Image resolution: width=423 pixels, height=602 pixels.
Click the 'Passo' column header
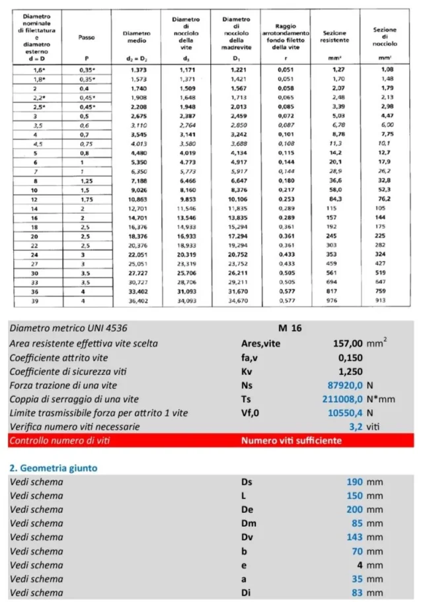click(x=87, y=38)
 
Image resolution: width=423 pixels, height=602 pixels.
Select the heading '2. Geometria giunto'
click(x=53, y=467)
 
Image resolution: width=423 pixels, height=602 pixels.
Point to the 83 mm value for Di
click(x=358, y=593)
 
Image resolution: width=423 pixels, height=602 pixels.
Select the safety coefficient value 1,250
click(x=350, y=371)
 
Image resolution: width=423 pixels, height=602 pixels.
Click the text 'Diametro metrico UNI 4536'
click(x=68, y=329)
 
